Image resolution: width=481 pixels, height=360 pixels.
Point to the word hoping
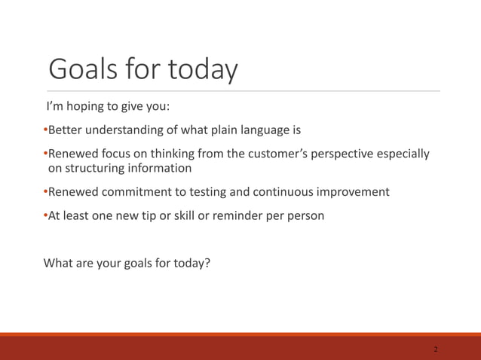pos(86,105)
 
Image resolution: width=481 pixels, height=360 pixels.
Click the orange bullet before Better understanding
pos(46,130)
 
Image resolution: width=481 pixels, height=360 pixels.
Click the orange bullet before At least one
pos(46,215)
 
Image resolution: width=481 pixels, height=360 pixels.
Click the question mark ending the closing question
pos(207,264)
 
